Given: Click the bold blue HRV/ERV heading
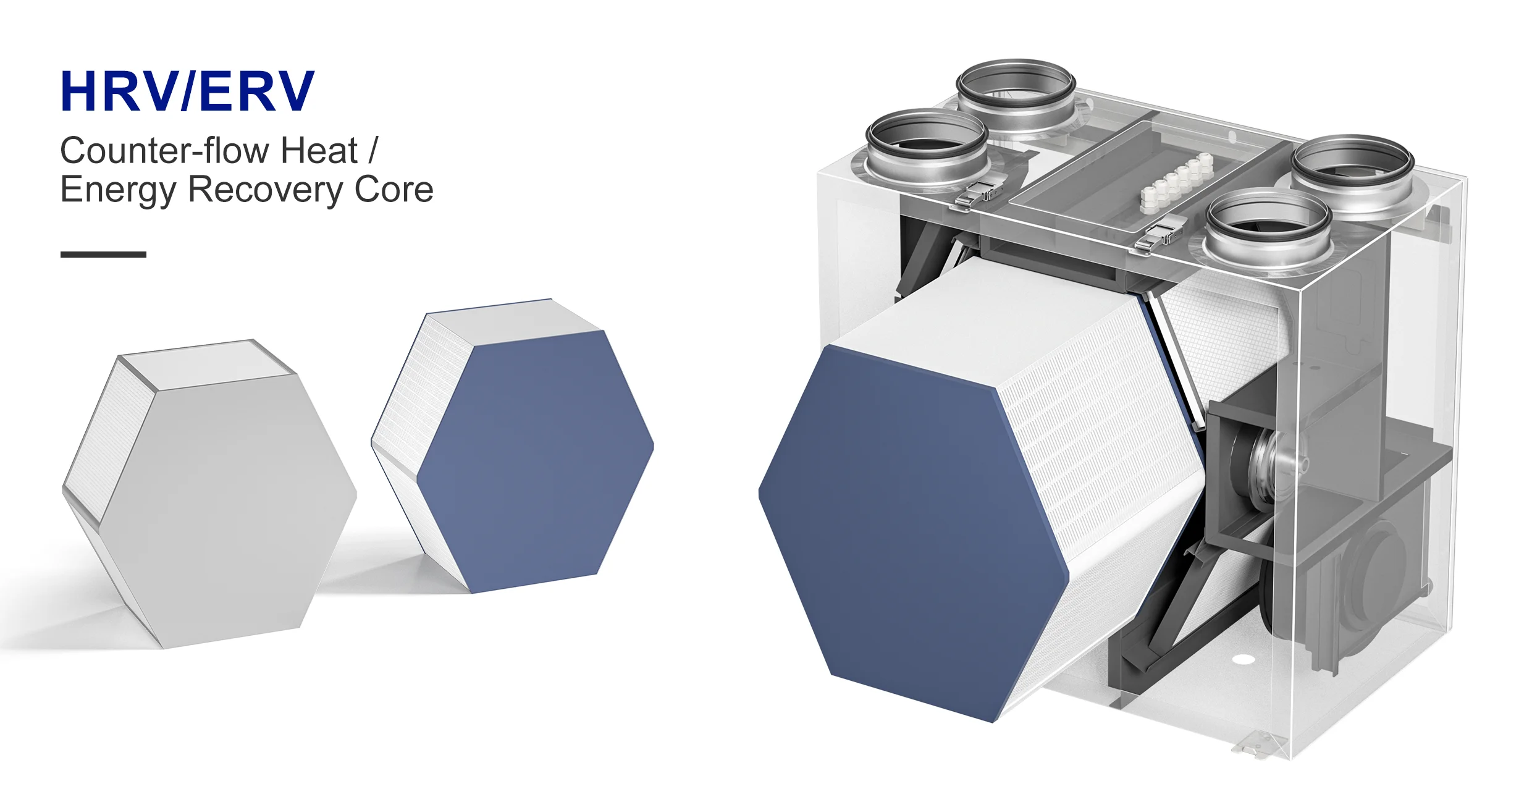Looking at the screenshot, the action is pyautogui.click(x=188, y=91).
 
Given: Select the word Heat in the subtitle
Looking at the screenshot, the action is pyautogui.click(x=319, y=150).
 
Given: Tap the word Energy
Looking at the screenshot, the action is pyautogui.click(x=118, y=190).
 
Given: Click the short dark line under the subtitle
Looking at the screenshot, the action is pyautogui.click(x=103, y=254).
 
